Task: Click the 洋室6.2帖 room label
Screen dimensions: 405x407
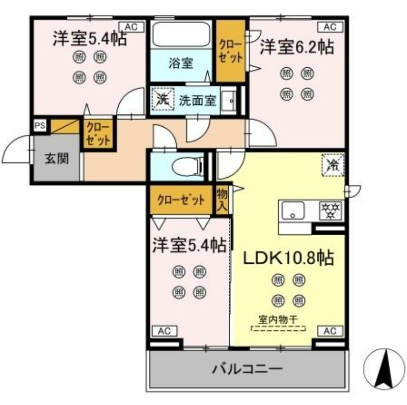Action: [x=297, y=48]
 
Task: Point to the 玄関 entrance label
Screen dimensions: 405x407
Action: [x=57, y=158]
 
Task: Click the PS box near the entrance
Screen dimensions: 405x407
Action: [x=40, y=125]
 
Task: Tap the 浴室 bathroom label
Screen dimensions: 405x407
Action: [x=181, y=63]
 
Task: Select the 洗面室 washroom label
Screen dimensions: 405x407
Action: [x=197, y=101]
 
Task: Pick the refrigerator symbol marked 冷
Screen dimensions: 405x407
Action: [x=333, y=165]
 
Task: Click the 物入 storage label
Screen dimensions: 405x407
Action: [x=222, y=200]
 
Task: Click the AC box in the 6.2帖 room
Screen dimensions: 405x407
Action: [x=329, y=27]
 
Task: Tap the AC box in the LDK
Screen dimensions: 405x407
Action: [x=329, y=331]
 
